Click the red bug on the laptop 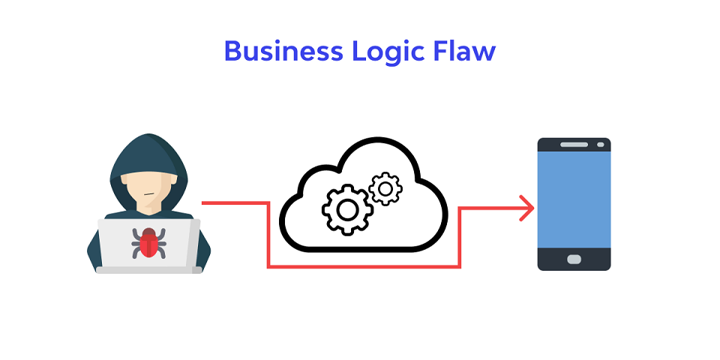point(148,242)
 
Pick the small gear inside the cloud point(385,189)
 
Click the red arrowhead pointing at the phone point(526,208)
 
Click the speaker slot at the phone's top point(574,144)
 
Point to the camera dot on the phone point(599,144)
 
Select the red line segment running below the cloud point(364,266)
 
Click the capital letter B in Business point(233,52)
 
